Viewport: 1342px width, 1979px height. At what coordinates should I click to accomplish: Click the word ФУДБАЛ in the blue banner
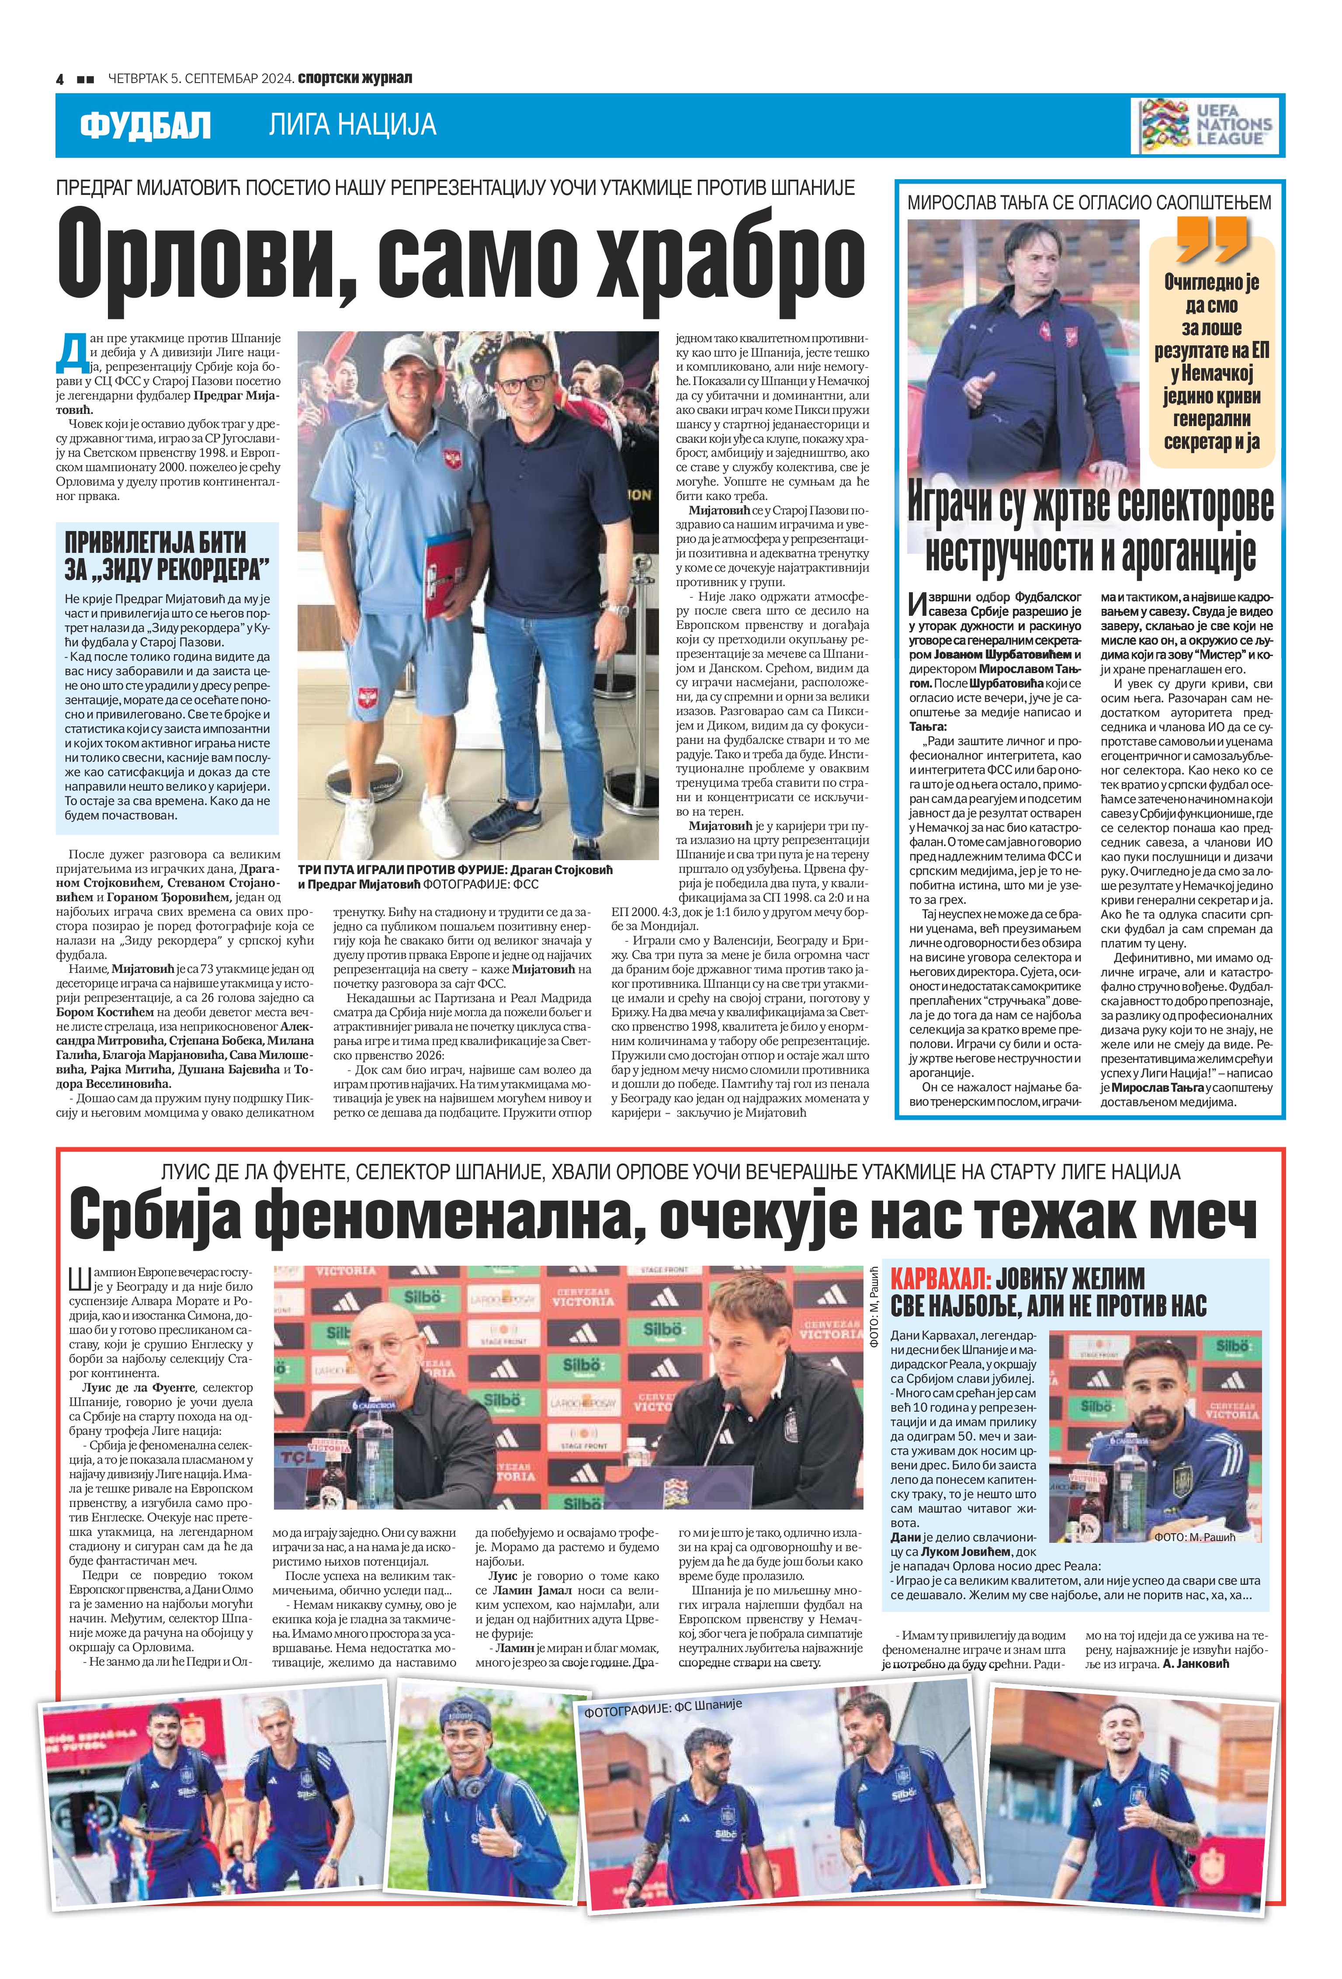(145, 126)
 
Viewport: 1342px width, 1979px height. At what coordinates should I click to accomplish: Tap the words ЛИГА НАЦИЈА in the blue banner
(353, 126)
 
